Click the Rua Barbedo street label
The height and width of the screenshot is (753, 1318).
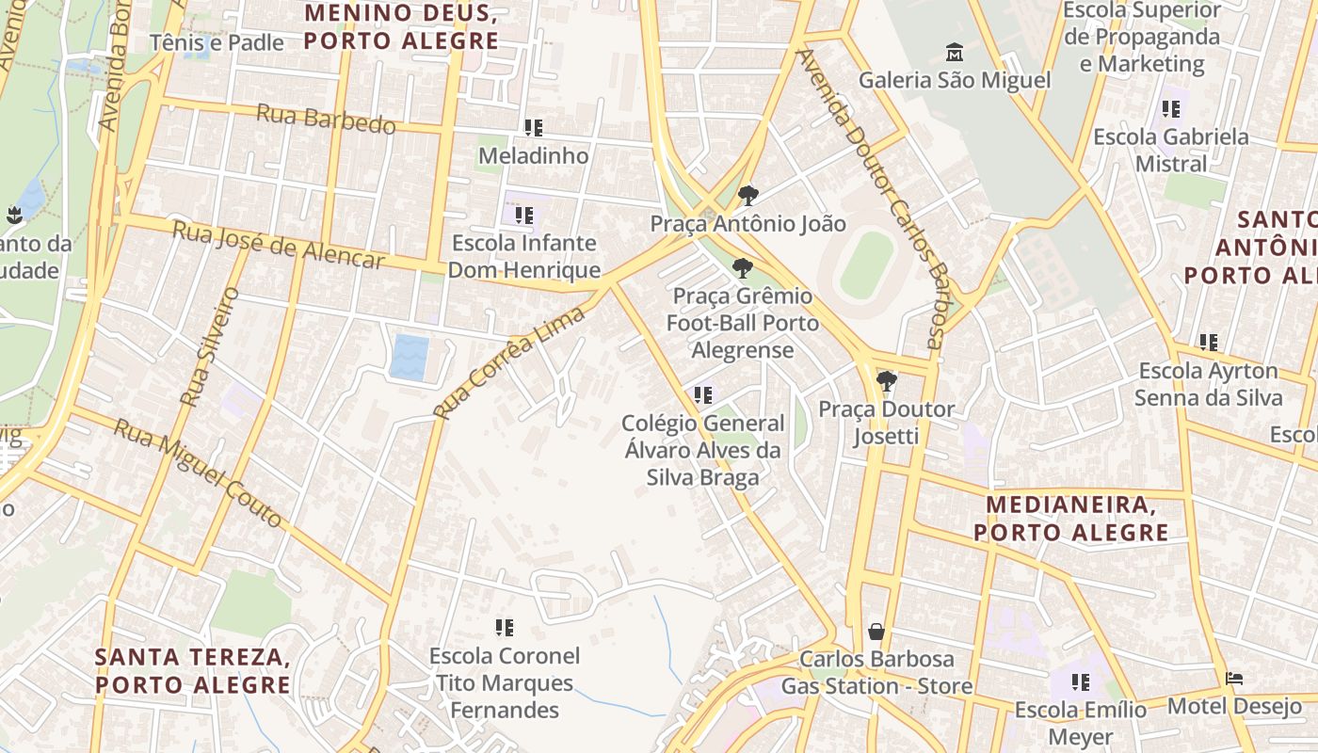coord(326,120)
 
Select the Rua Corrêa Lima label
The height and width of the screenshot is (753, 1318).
coord(509,362)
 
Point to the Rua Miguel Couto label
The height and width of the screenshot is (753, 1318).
coord(198,473)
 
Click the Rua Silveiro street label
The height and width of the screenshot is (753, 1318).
coord(210,346)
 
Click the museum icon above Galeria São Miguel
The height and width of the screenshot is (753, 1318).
coord(955,51)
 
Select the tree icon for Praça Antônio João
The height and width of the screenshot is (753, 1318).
coord(748,196)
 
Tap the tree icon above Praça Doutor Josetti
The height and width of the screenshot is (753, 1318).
coord(886,381)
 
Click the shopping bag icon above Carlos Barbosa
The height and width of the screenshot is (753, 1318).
coord(876,631)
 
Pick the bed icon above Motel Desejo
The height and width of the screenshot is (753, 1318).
coord(1235,678)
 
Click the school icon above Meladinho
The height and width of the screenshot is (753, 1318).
coord(534,127)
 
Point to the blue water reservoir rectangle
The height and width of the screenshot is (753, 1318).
coord(410,358)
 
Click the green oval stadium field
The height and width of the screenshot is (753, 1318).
coord(866,265)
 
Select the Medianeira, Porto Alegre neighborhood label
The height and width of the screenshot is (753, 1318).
coord(1071,519)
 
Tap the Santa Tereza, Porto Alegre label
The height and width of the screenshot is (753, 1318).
coord(192,670)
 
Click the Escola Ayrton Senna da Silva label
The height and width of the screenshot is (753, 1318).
coord(1208,384)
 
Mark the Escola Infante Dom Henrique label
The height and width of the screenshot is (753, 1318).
coord(523,256)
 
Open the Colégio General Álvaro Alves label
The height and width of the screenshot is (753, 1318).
coord(703,451)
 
